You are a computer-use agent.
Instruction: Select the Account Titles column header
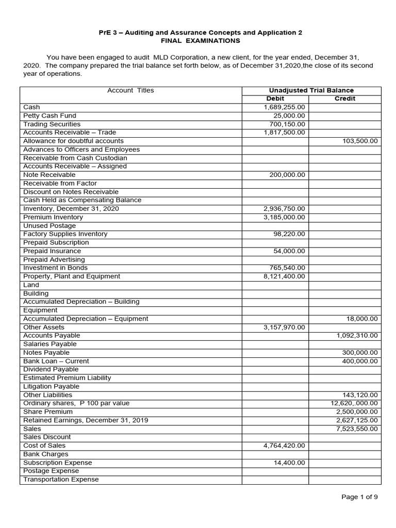(x=130, y=90)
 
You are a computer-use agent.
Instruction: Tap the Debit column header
(x=275, y=98)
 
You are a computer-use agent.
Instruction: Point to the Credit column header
(x=345, y=98)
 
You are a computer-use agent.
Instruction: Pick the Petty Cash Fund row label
(x=49, y=115)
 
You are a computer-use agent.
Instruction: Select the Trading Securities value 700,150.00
(x=287, y=124)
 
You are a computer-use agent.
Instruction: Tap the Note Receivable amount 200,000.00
(x=287, y=175)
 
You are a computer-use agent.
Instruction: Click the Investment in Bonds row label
(x=55, y=268)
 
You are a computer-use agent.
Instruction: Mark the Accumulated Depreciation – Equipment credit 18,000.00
(x=363, y=319)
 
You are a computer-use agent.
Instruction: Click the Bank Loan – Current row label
(x=56, y=361)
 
